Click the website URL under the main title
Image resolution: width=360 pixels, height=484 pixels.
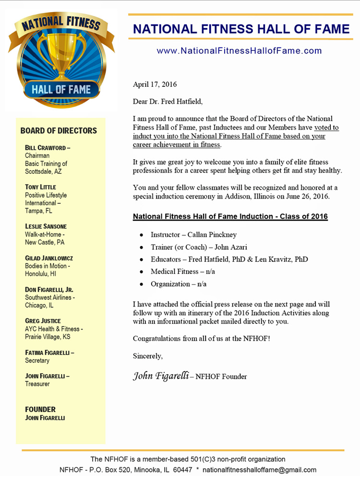pos(239,51)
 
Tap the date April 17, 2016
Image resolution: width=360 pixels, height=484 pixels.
pos(155,85)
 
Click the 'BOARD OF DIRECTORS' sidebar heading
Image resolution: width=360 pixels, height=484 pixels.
pos(59,130)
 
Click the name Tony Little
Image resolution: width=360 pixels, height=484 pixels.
pos(40,187)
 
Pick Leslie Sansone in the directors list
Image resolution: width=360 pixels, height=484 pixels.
pos(46,226)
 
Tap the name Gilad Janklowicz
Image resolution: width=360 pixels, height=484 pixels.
pos(49,258)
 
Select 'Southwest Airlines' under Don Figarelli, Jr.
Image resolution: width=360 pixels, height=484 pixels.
pos(49,297)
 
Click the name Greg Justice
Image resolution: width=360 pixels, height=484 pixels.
pos(43,321)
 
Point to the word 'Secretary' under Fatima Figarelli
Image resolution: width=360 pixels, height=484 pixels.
pos(37,360)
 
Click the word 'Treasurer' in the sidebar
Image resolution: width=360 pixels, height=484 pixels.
pos(37,384)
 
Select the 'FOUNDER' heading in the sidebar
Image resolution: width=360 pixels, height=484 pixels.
pos(40,409)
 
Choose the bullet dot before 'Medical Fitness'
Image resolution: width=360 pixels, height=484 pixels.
pos(141,272)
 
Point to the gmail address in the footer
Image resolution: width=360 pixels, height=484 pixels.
pos(259,470)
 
